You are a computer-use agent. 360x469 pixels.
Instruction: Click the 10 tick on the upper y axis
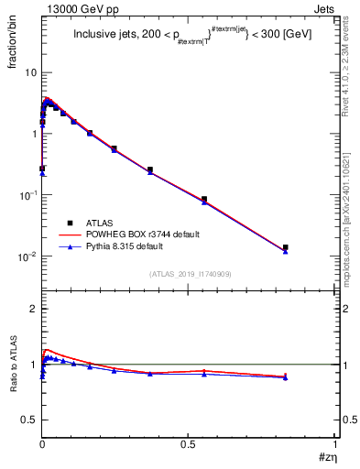click(29, 72)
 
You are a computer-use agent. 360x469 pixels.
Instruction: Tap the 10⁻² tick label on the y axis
click(26, 256)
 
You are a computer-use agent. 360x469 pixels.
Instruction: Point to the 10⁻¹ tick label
click(26, 194)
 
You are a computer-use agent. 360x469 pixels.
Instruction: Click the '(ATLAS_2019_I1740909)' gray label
click(190, 273)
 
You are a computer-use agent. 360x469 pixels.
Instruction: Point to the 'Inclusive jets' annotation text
click(103, 37)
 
